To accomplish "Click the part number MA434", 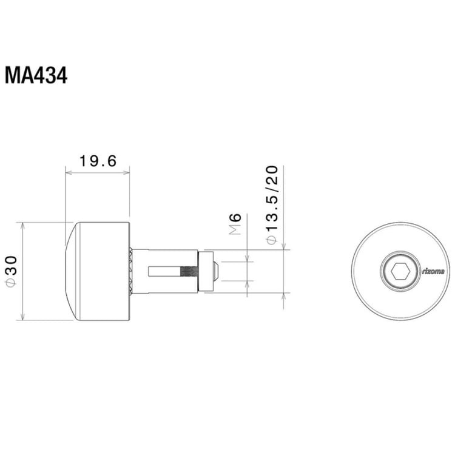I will point(36,76).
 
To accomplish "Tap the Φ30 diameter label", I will point(10,271).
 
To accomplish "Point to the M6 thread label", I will point(236,224).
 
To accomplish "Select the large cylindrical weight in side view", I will point(100,271).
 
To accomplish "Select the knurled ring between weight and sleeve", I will point(131,271).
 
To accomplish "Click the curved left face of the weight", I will point(67,271).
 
